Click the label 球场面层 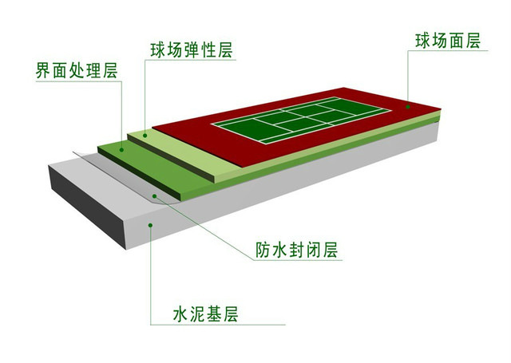click(x=448, y=41)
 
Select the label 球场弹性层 click(x=192, y=50)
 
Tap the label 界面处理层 click(x=77, y=70)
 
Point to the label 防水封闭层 click(x=296, y=250)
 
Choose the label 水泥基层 click(x=206, y=314)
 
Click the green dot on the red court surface click(x=408, y=107)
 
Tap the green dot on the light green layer click(x=145, y=135)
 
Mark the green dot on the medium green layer click(x=121, y=150)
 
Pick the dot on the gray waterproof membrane click(x=154, y=196)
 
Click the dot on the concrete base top click(x=150, y=225)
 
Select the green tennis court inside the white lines click(x=301, y=120)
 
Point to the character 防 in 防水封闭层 click(x=263, y=250)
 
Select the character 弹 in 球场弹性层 click(x=192, y=50)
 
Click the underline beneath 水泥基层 click(x=218, y=325)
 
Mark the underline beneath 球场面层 click(x=448, y=50)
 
